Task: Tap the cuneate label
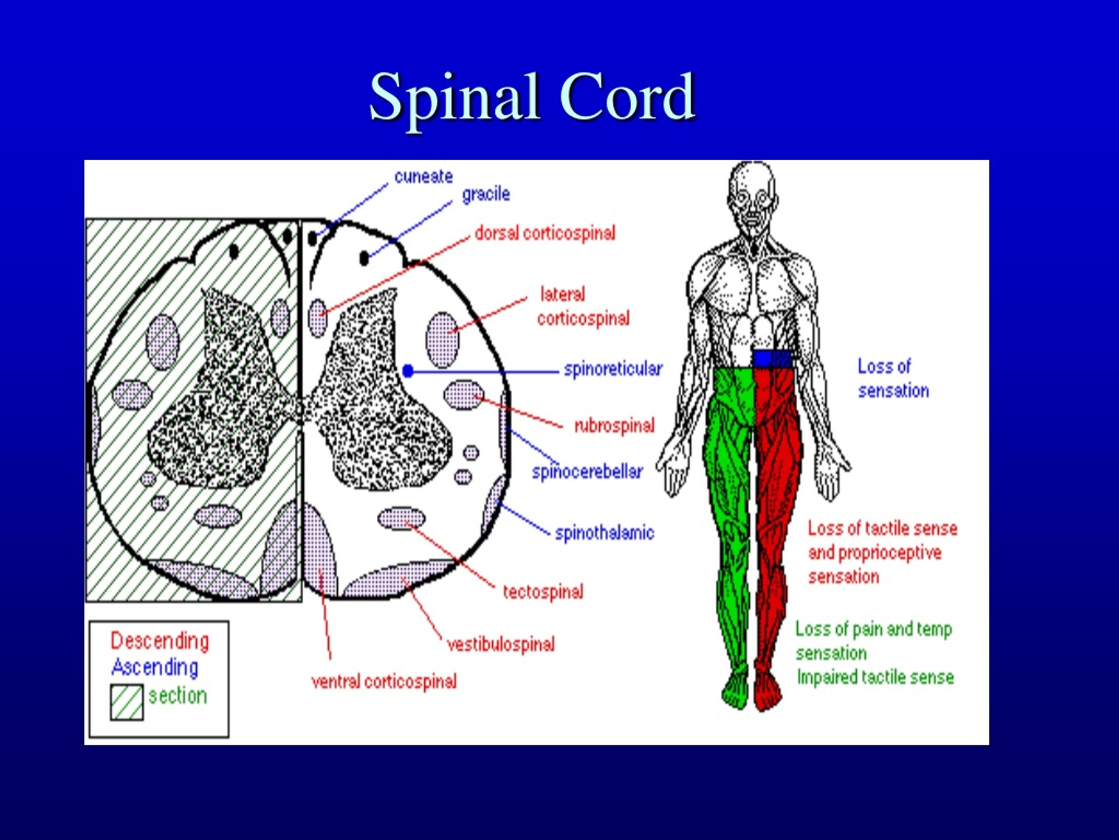tap(424, 177)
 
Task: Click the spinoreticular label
tap(613, 369)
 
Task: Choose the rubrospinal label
tap(614, 425)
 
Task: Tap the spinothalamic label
tap(605, 533)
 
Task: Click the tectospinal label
tap(543, 592)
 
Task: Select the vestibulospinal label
tap(501, 644)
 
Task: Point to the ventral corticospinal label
tap(384, 682)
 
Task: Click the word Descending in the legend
tap(160, 641)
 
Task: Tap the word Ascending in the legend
tap(155, 667)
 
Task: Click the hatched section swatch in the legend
tap(126, 702)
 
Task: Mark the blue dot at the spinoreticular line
tap(408, 371)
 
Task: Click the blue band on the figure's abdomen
tap(772, 358)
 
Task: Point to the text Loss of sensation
tap(893, 378)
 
